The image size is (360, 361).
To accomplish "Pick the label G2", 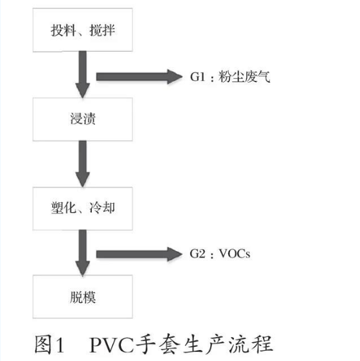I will [198, 252].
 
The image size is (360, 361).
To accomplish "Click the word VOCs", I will [233, 252].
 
